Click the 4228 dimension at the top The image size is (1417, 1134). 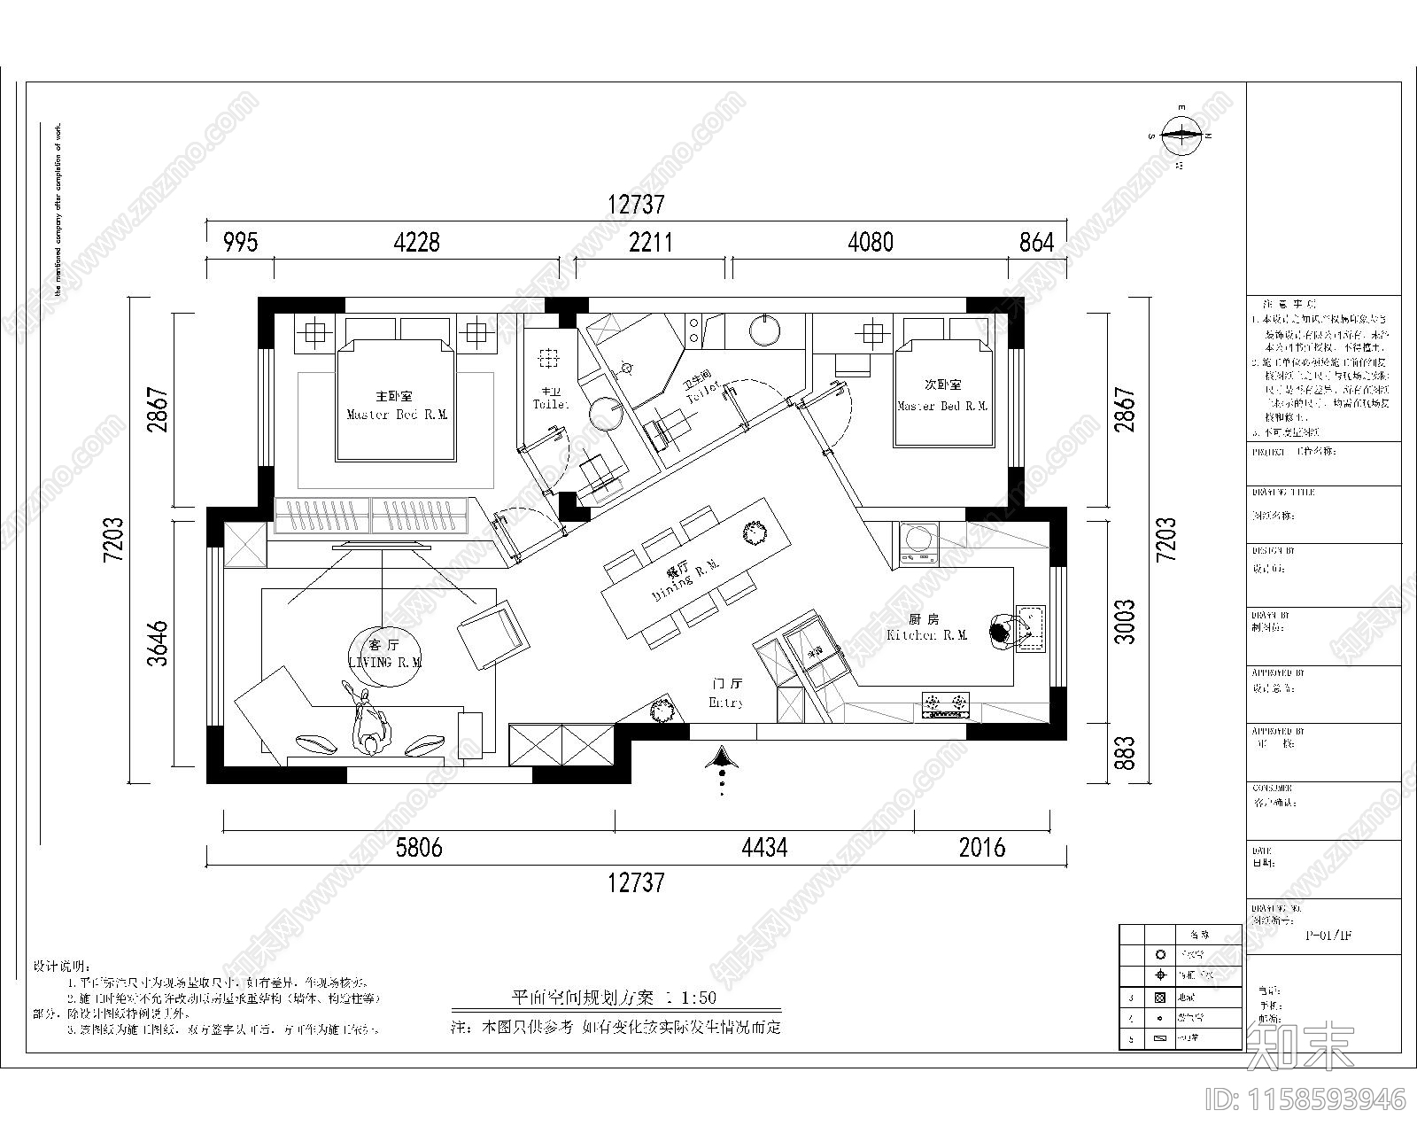pyautogui.click(x=416, y=242)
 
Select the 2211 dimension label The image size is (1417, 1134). pyautogui.click(x=650, y=242)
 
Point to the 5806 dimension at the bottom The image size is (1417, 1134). pyautogui.click(x=418, y=849)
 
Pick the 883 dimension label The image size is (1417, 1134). pyautogui.click(x=1124, y=753)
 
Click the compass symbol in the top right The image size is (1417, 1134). pyautogui.click(x=1181, y=136)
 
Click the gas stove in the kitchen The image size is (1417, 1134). pyautogui.click(x=945, y=705)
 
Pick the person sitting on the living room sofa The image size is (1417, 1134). pyautogui.click(x=371, y=726)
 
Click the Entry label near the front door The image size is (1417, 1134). pyautogui.click(x=725, y=702)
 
